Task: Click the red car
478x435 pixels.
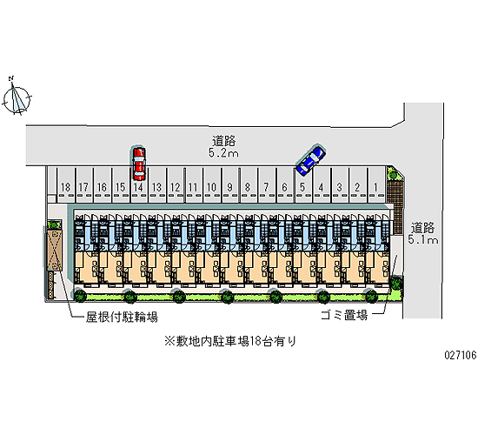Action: click(x=139, y=164)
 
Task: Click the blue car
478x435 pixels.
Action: click(x=311, y=160)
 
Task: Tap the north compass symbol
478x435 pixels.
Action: click(x=17, y=97)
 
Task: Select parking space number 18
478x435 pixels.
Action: click(x=66, y=185)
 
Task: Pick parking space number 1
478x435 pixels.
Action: click(x=376, y=185)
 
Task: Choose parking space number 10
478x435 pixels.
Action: click(x=212, y=185)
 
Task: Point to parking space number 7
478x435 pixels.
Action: click(x=267, y=185)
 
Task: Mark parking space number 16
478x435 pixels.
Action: click(x=103, y=185)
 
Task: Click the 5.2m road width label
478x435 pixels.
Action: click(x=223, y=152)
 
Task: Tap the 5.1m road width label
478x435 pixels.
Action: click(x=423, y=239)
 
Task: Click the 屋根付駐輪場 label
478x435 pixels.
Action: click(x=122, y=318)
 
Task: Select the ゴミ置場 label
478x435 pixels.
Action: click(x=344, y=315)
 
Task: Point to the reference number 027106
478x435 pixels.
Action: click(x=461, y=355)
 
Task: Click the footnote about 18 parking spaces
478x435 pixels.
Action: click(x=230, y=341)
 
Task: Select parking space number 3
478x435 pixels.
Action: click(x=340, y=185)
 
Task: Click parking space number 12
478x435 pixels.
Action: click(x=176, y=185)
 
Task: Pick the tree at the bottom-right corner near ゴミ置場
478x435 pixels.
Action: click(x=396, y=283)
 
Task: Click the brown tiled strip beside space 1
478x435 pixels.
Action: click(x=395, y=206)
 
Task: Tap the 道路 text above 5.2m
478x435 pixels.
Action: click(x=223, y=141)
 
